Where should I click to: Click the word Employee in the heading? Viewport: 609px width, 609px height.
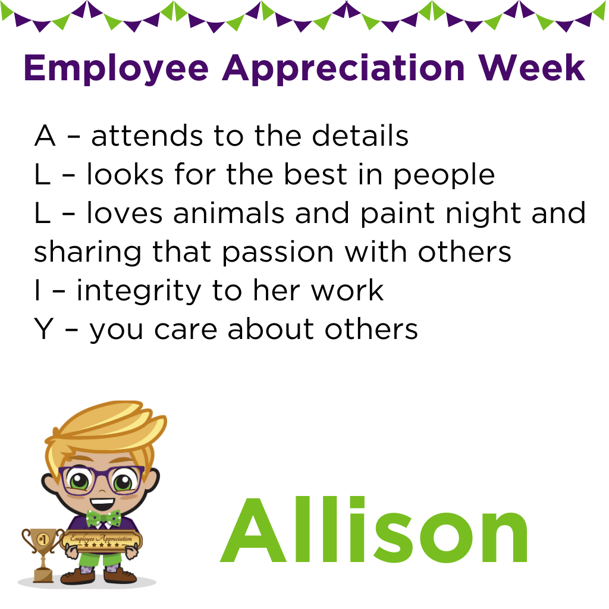tap(117, 69)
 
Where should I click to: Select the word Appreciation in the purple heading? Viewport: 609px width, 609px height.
tap(344, 69)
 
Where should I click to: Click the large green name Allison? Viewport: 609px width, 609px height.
tap(374, 530)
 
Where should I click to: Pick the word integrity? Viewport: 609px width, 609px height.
tap(139, 292)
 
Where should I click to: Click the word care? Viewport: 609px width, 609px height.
tap(186, 330)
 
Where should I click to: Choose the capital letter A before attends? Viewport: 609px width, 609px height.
tap(45, 136)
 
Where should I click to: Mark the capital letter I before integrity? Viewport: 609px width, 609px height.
tap(37, 290)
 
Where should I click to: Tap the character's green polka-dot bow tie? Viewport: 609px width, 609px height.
tap(103, 519)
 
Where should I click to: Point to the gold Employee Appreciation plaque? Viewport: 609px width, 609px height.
tap(101, 540)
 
